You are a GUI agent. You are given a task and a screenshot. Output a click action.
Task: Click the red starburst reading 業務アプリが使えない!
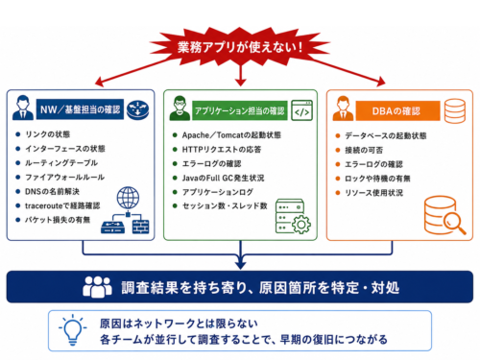pyautogui.click(x=240, y=47)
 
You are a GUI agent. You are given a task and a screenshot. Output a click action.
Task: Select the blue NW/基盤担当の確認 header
pyautogui.click(x=80, y=109)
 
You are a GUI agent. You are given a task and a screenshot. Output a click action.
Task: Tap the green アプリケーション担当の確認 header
pyautogui.click(x=240, y=110)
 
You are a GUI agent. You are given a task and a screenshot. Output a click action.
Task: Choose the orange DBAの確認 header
pyautogui.click(x=397, y=110)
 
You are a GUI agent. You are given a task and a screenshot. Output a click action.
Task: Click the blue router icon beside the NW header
pyautogui.click(x=137, y=109)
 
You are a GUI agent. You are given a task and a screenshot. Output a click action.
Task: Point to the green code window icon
pyautogui.click(x=301, y=110)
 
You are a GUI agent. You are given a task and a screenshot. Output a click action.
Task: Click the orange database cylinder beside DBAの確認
pyautogui.click(x=455, y=110)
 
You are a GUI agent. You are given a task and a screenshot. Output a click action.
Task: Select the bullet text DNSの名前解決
pyautogui.click(x=52, y=191)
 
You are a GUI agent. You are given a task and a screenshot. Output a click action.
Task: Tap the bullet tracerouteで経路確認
pyautogui.click(x=62, y=205)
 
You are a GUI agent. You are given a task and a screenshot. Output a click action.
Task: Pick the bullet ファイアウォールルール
pyautogui.click(x=64, y=177)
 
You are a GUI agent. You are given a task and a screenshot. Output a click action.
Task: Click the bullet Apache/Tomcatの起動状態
pyautogui.click(x=231, y=135)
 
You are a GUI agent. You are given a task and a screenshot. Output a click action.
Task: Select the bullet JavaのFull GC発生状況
pyautogui.click(x=223, y=178)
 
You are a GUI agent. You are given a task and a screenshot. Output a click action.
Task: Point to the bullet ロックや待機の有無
pyautogui.click(x=377, y=179)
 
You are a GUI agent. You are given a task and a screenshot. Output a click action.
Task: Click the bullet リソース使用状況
pyautogui.click(x=373, y=193)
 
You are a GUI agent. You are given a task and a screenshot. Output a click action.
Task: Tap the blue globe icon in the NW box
pyautogui.click(x=128, y=198)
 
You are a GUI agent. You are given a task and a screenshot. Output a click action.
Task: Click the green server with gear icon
pyautogui.click(x=293, y=216)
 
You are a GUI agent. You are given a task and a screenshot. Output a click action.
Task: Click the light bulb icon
pyautogui.click(x=73, y=329)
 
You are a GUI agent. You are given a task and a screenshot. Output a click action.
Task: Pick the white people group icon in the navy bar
pyautogui.click(x=97, y=287)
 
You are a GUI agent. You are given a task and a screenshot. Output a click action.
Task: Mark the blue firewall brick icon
pyautogui.click(x=140, y=227)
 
